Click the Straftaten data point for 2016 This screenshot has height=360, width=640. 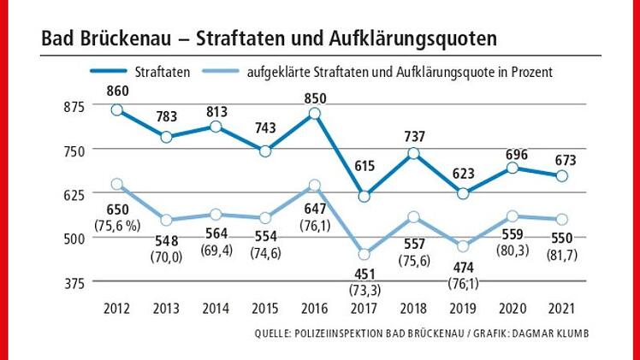[314, 113]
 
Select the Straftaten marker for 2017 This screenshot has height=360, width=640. [364, 196]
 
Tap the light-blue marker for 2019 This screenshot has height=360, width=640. [463, 246]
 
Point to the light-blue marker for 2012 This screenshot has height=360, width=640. [116, 184]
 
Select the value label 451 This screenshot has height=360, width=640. [364, 274]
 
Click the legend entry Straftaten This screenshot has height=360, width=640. [163, 72]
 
